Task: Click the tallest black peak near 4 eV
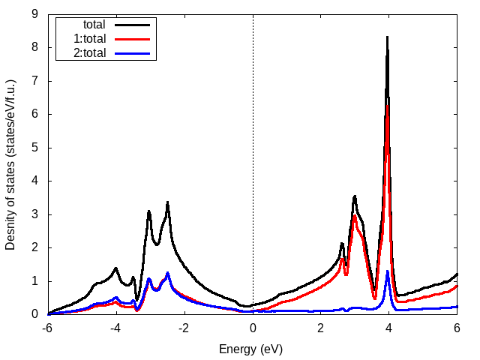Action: [x=387, y=37]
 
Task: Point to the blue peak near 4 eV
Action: [x=387, y=272]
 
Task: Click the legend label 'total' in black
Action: [x=94, y=25]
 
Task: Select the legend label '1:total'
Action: [x=89, y=38]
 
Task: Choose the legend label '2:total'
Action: [x=89, y=52]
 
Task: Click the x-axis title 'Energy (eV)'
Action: [x=250, y=349]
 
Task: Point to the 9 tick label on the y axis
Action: [x=35, y=14]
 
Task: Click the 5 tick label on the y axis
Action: [x=35, y=148]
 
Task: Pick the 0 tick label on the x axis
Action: [x=253, y=328]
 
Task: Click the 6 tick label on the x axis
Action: [x=457, y=328]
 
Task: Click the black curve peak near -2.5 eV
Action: [x=167, y=202]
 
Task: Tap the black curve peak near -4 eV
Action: [x=116, y=268]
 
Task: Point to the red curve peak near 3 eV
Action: [x=355, y=217]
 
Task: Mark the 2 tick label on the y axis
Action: [x=35, y=247]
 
